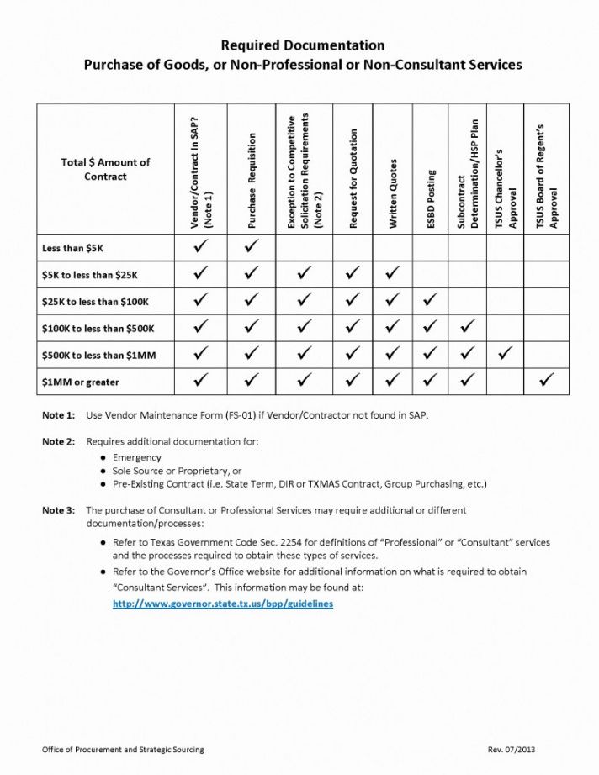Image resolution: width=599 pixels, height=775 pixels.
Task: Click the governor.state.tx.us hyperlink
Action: pos(223,604)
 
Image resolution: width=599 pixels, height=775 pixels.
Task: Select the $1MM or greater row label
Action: pos(81,382)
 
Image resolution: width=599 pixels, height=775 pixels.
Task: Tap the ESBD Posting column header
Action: pos(432,199)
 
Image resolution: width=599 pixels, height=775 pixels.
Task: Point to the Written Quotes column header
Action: pos(393,192)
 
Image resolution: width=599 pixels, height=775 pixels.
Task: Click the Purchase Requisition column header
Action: pos(252,181)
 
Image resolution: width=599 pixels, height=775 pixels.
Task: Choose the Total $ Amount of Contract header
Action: pos(105,169)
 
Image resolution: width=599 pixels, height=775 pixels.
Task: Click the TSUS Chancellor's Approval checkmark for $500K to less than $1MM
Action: pos(505,354)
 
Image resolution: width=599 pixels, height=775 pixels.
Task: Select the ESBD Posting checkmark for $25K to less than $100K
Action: pos(431,300)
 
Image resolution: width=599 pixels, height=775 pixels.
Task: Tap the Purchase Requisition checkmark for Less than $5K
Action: pos(252,247)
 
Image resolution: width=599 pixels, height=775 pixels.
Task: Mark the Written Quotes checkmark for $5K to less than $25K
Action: pos(392,273)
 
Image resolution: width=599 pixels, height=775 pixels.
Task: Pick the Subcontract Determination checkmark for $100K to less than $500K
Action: pos(469,327)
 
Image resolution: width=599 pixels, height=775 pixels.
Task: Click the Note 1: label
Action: pos(59,415)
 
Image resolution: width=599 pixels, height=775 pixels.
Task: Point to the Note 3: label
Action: pos(59,510)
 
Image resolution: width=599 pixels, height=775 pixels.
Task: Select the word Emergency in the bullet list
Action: pos(137,457)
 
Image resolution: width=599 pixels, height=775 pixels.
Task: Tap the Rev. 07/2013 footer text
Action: pos(512,749)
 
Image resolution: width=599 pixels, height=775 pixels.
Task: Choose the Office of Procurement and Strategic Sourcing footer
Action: pos(124,749)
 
